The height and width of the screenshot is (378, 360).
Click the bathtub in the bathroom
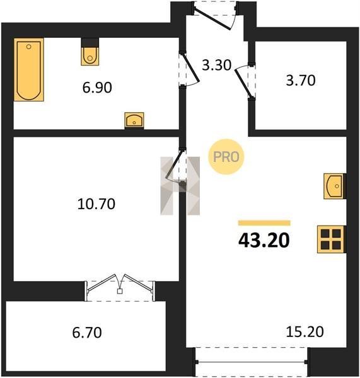[x=29, y=69]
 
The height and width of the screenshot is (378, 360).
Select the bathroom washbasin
[x=134, y=120]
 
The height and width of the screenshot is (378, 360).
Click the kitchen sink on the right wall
[x=334, y=186]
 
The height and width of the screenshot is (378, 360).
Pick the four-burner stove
[x=331, y=239]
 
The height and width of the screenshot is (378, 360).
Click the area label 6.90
[x=97, y=88]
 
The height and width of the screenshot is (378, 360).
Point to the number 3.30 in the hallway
[x=216, y=65]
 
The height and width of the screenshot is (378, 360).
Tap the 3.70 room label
[x=301, y=80]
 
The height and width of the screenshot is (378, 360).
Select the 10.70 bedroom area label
[x=96, y=203]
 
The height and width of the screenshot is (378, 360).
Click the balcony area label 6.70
[x=87, y=333]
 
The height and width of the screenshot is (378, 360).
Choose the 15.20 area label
[x=305, y=332]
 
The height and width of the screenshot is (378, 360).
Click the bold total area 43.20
[x=264, y=241]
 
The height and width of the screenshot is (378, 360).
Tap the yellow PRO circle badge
[x=226, y=157]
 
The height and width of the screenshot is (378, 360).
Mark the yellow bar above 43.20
[x=264, y=223]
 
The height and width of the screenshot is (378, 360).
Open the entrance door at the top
[x=214, y=15]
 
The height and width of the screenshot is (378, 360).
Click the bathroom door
[x=189, y=69]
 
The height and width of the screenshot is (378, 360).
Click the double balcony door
[x=120, y=287]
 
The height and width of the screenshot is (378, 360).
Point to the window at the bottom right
[x=251, y=362]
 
